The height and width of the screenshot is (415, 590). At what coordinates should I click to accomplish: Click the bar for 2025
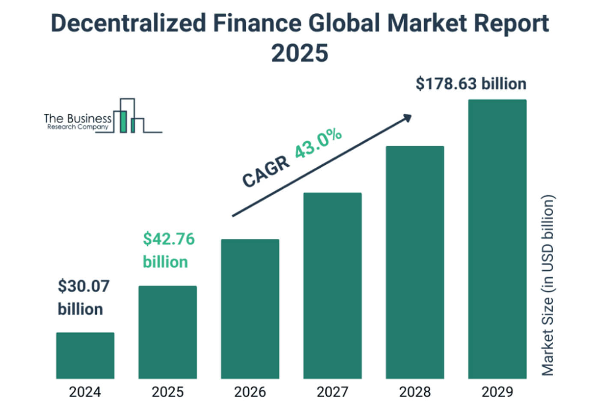click(167, 332)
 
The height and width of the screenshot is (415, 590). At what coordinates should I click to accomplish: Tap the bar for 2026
click(250, 308)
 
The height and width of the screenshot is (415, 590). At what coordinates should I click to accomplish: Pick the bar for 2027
click(332, 285)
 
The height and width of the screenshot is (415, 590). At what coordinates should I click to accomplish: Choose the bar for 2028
click(414, 262)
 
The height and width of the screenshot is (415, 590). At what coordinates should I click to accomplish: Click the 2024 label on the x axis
click(85, 391)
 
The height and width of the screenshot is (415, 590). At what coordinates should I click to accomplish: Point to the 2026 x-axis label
click(250, 391)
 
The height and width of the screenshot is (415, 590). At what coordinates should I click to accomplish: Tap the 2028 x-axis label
click(414, 391)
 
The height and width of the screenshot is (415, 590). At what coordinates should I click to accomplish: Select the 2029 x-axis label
click(497, 391)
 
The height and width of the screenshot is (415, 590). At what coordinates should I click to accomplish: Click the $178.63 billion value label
click(471, 84)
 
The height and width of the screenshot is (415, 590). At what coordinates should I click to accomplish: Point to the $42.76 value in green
click(169, 239)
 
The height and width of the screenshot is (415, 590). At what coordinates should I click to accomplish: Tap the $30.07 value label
click(83, 286)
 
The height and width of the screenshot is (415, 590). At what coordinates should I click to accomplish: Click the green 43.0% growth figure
click(318, 143)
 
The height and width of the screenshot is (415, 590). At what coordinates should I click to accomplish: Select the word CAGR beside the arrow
click(265, 172)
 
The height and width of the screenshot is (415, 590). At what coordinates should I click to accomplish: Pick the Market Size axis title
click(548, 285)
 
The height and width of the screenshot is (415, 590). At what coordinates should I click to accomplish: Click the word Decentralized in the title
click(128, 23)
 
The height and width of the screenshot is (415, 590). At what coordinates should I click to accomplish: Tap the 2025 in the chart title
click(300, 53)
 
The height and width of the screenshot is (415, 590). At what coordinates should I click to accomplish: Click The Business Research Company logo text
click(77, 121)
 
